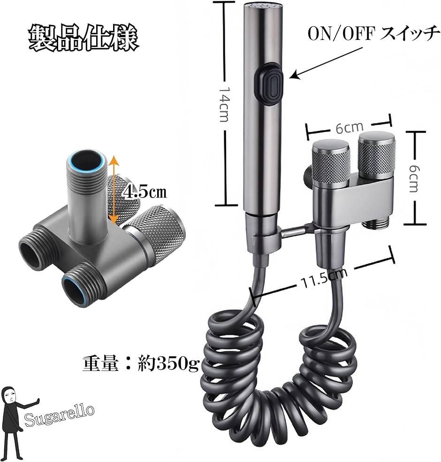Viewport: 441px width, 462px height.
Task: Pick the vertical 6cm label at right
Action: click(412, 178)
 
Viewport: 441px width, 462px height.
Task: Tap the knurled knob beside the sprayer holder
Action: click(330, 159)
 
